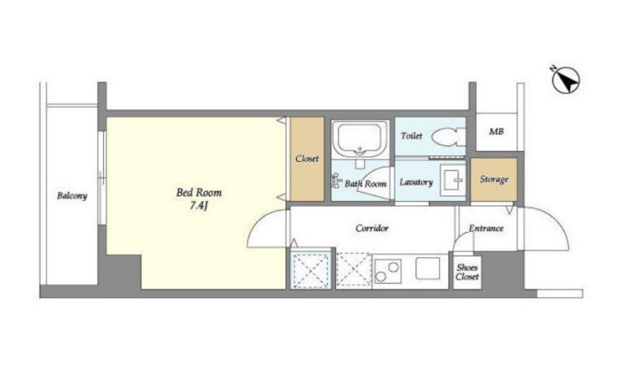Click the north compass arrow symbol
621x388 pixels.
[x=566, y=81]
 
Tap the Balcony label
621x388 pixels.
[x=72, y=196]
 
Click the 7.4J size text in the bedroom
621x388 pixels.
[x=198, y=206]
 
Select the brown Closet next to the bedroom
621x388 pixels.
[x=307, y=159]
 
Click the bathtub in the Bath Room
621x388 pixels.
[x=360, y=139]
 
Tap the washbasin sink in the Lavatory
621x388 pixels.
[x=453, y=180]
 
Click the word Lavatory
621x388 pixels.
[x=416, y=182]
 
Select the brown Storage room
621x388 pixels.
[x=494, y=180]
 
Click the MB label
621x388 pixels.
[x=496, y=131]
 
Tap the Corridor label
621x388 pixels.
[x=372, y=229]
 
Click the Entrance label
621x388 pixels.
[x=486, y=229]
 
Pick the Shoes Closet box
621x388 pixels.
[x=467, y=272]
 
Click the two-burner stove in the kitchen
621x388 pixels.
[x=388, y=272]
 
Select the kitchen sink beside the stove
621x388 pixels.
[x=428, y=268]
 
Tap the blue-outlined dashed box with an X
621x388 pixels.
[x=310, y=270]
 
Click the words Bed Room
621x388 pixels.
[x=199, y=193]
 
